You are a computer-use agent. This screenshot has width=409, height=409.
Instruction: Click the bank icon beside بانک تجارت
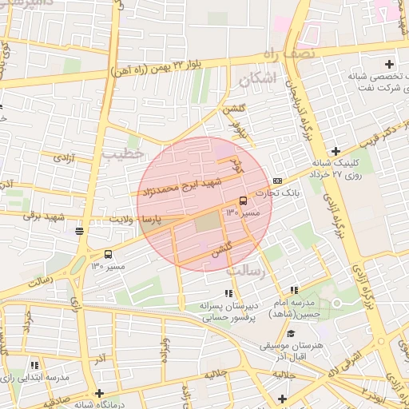coord(277,181)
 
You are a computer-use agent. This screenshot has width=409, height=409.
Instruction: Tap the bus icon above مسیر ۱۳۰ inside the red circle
coord(243,201)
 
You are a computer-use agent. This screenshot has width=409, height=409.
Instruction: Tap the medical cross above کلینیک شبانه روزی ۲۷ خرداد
coord(336,151)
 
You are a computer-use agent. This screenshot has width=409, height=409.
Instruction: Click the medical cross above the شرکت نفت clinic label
coord(389,64)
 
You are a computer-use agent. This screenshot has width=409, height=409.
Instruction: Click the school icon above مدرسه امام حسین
coord(294,290)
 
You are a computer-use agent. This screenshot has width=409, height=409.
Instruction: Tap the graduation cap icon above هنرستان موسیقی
coord(291,334)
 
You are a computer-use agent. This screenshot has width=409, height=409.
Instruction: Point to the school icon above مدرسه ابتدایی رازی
coord(34,363)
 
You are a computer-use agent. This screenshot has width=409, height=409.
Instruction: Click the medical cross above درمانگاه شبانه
coord(99,393)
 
